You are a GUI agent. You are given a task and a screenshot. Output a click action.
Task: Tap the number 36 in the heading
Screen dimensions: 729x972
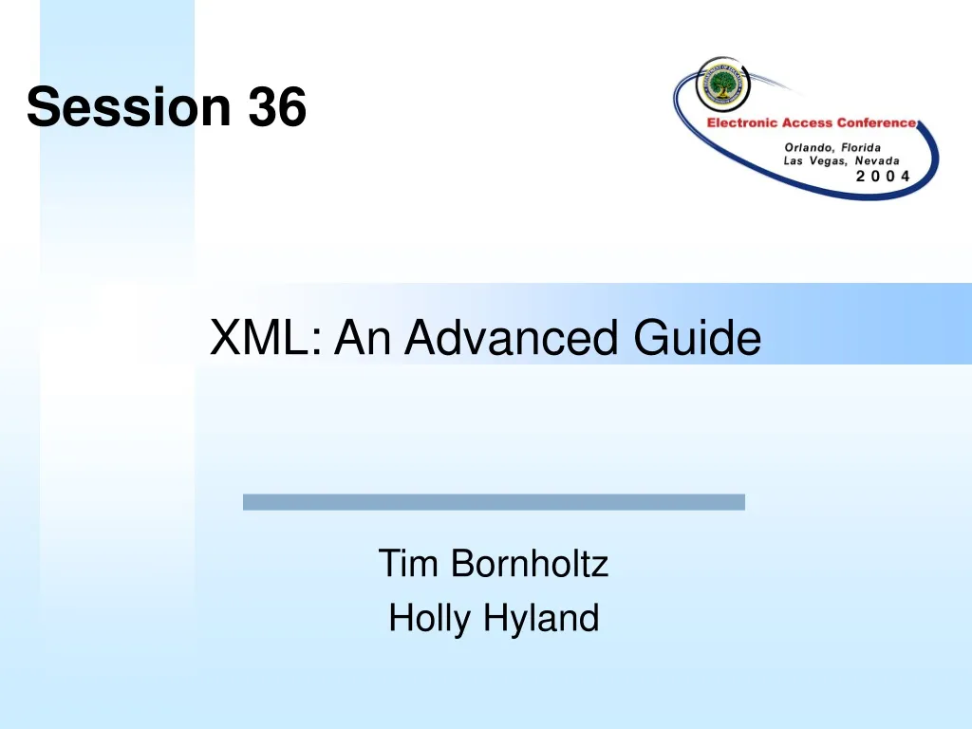[x=277, y=106]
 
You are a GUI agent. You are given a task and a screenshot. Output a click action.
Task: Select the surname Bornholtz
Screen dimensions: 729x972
[x=529, y=564]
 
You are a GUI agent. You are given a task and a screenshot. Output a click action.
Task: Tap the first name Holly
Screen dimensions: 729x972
[x=430, y=619]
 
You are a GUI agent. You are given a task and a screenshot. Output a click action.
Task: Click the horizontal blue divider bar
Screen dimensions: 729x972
[x=494, y=502]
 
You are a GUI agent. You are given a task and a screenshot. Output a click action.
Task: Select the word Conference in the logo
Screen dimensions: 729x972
[x=876, y=123]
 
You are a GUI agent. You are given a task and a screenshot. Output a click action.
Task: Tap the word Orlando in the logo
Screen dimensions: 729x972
[x=809, y=147]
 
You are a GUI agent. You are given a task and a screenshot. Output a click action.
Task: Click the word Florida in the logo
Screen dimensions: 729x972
[x=861, y=147]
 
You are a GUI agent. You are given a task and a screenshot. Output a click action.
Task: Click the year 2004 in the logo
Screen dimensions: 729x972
[x=883, y=176]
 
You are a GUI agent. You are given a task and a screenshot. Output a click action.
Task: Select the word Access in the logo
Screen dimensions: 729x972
[x=808, y=123]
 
